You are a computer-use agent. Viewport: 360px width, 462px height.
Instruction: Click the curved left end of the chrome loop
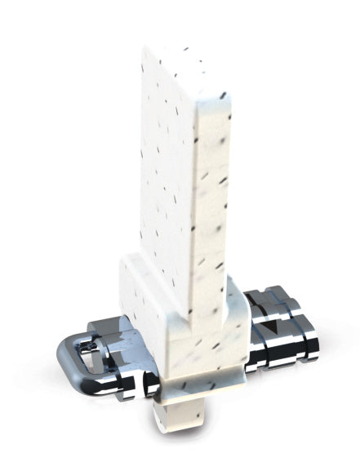[60, 360]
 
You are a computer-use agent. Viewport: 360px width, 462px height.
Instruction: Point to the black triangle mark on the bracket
[270, 328]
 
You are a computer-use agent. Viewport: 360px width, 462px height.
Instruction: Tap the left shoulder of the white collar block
[131, 269]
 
